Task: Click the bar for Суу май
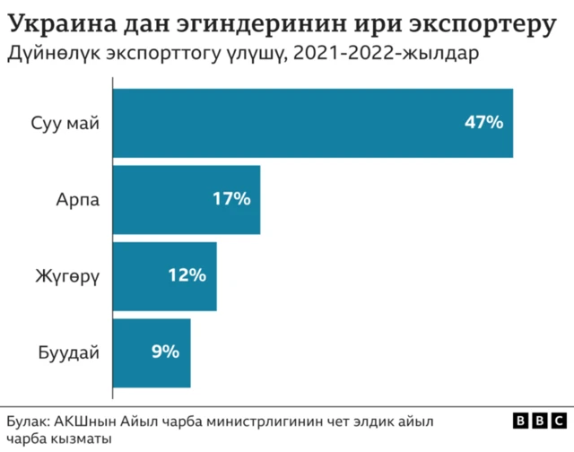[x=312, y=123]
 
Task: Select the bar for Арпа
[x=186, y=199]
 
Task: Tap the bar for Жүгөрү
[x=164, y=276]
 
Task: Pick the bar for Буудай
[x=152, y=352]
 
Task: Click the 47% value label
[x=483, y=123]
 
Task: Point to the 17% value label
[x=230, y=199]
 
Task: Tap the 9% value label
[x=165, y=352]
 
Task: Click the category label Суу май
[x=64, y=123]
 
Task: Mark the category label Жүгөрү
[x=66, y=276]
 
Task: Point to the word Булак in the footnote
[x=28, y=421]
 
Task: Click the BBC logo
[x=537, y=422]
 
